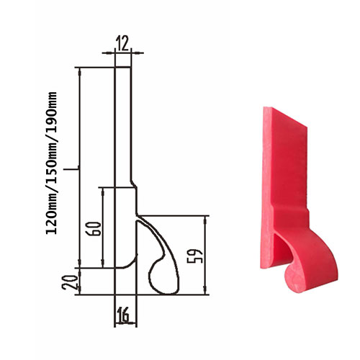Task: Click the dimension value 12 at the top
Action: tap(123, 42)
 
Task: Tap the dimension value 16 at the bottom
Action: tap(122, 314)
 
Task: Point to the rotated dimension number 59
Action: tap(199, 256)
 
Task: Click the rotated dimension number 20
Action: tap(70, 282)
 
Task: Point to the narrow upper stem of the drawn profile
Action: tap(123, 122)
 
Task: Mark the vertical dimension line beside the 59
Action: tap(207, 256)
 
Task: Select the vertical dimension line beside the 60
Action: tap(104, 227)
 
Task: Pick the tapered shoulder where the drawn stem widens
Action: tap(133, 184)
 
